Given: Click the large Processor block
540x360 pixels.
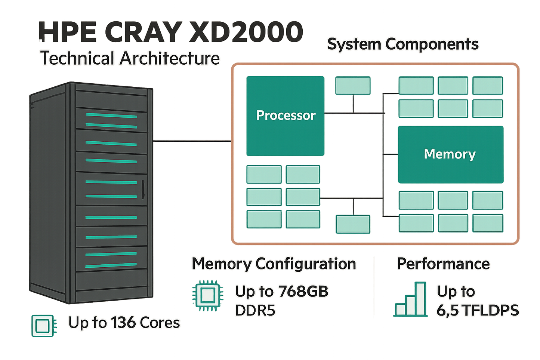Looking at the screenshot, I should [285, 116].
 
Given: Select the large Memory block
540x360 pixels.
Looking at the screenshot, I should [450, 154].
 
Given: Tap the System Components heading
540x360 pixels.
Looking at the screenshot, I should [403, 44].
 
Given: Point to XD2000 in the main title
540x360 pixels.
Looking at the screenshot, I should [246, 32].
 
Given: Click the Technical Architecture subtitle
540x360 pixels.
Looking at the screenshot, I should [130, 58].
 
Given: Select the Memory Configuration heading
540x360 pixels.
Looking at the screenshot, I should [274, 264].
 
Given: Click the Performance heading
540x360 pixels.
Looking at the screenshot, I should [443, 264].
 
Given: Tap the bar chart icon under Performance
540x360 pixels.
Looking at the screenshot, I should [411, 299].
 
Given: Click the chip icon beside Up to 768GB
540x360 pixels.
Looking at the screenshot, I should [207, 295].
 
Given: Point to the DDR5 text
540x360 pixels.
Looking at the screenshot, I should [255, 310].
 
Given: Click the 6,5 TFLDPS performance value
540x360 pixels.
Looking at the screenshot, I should [478, 310].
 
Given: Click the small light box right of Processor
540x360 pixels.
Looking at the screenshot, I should [353, 85].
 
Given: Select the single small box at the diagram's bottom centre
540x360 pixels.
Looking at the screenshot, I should [353, 224].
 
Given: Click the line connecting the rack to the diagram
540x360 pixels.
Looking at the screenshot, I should [192, 141].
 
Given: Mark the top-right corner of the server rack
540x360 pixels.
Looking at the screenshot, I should [153, 88].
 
